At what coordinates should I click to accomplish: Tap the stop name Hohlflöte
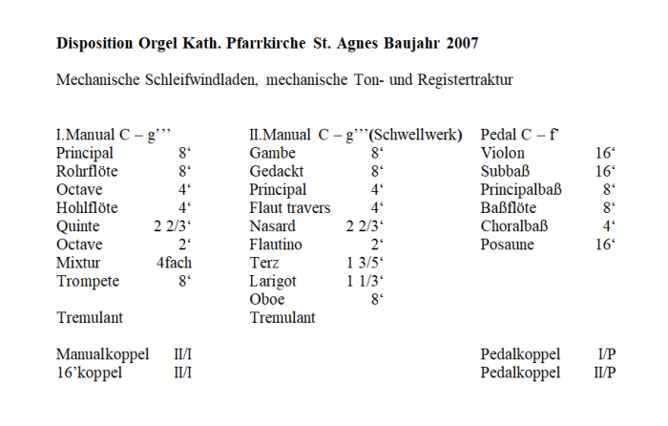[x=88, y=207]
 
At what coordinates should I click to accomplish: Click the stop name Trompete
[x=87, y=281]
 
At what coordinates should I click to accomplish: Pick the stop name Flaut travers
[x=290, y=207]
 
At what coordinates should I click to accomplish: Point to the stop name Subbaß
[x=507, y=171]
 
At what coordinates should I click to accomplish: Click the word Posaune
[x=508, y=245]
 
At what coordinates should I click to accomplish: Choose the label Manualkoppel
[x=102, y=354]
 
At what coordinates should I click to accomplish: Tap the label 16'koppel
[x=89, y=373]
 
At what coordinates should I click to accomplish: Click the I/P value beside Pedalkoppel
[x=606, y=354]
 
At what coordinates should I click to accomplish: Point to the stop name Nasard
[x=273, y=226]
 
